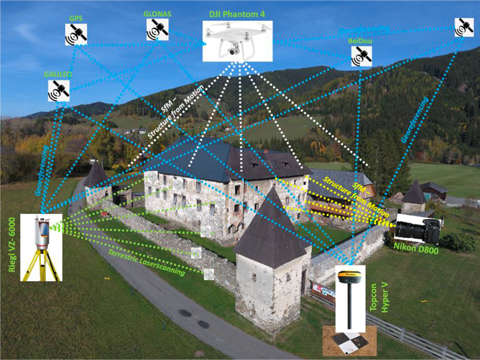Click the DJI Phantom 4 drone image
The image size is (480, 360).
[237, 42]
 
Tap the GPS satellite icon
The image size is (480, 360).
[76, 35]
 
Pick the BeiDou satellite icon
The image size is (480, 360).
[362, 56]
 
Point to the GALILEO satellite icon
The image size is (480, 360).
[58, 91]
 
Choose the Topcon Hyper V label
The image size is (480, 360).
[380, 291]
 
